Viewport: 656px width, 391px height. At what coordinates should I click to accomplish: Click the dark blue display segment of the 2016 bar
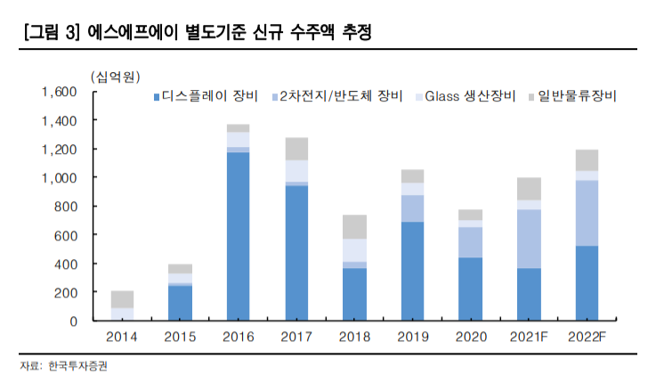238,236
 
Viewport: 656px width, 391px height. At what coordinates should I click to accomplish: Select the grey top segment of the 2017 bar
296,149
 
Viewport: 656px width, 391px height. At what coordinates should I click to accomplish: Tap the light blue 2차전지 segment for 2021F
529,239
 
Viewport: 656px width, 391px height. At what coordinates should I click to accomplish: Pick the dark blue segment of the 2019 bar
412,271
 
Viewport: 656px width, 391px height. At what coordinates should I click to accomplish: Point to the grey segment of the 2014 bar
123,299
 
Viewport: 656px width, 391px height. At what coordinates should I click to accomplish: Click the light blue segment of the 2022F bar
587,213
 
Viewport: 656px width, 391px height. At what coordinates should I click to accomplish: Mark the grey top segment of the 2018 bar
354,226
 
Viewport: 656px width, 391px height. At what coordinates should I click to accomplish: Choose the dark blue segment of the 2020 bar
470,289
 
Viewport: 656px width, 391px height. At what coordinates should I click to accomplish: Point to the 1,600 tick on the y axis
60,92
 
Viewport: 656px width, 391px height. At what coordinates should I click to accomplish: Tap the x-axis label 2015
180,336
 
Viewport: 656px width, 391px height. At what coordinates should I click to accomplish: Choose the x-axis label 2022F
587,336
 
